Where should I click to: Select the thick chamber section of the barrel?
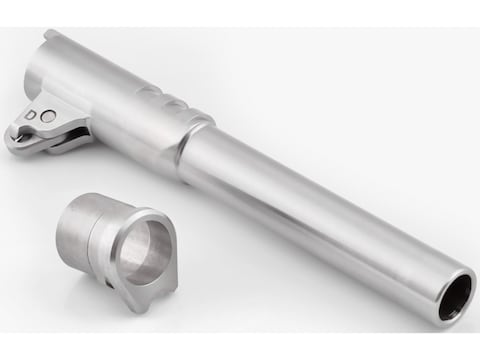[120, 100]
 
